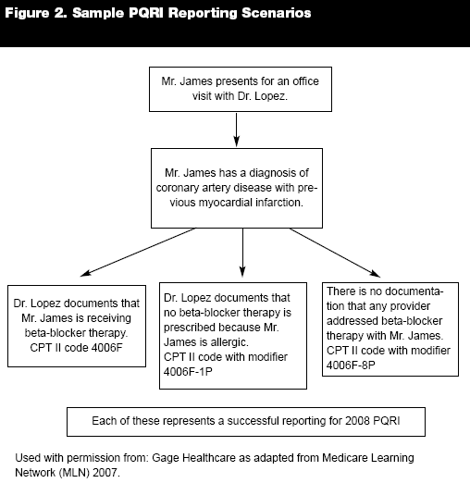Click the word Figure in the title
pyautogui.click(x=27, y=13)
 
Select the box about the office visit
pyautogui.click(x=241, y=89)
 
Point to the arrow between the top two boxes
pyautogui.click(x=237, y=130)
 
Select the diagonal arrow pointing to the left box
pyautogui.click(x=138, y=252)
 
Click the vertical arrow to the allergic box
pyautogui.click(x=242, y=253)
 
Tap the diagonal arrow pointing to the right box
pyautogui.click(x=335, y=253)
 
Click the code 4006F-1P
pyautogui.click(x=188, y=372)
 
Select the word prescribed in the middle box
pyautogui.click(x=190, y=328)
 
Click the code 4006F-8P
pyautogui.click(x=351, y=365)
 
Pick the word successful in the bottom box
pyautogui.click(x=253, y=421)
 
